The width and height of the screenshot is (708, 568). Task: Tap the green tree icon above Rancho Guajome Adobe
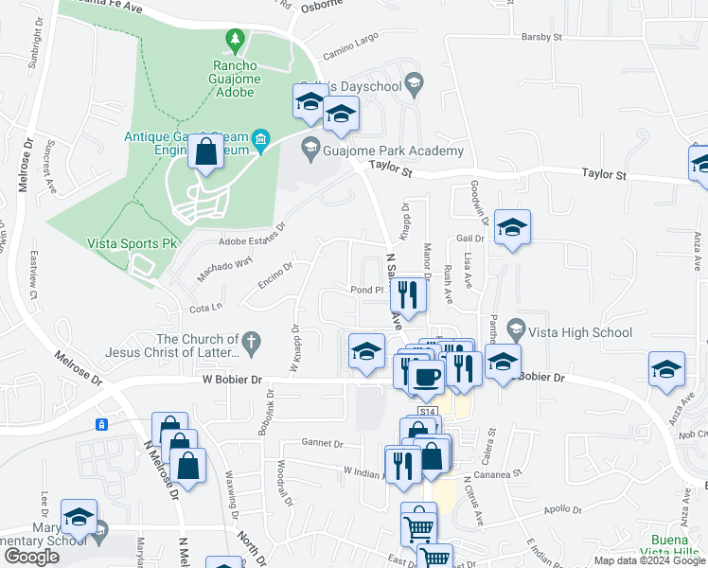235,39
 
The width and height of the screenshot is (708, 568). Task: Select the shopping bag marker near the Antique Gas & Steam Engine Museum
205,151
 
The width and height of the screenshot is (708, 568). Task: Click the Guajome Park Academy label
396,151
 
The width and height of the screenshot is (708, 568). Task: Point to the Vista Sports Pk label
133,243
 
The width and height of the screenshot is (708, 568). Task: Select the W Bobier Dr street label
232,379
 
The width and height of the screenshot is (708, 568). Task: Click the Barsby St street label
541,38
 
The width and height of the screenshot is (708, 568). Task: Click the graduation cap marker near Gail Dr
512,227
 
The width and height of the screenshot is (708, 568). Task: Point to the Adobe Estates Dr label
252,240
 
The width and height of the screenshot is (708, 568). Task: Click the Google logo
30,557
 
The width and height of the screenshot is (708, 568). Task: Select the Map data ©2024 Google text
648,560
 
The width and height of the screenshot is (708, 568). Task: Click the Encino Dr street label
274,275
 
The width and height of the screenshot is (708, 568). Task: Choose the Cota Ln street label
205,308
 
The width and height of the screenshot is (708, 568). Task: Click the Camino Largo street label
350,43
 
